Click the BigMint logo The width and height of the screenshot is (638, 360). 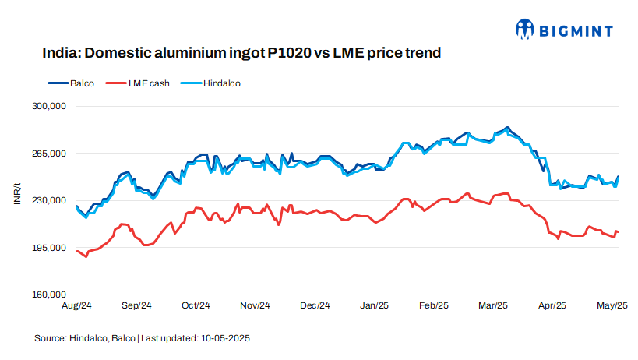pyautogui.click(x=565, y=30)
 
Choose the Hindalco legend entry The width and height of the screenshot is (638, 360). pyautogui.click(x=212, y=83)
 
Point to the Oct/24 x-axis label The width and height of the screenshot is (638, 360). pyautogui.click(x=196, y=306)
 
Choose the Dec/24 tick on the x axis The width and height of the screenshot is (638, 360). pyautogui.click(x=315, y=306)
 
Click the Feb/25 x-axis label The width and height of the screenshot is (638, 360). pyautogui.click(x=435, y=306)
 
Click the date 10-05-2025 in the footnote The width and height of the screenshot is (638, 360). pyautogui.click(x=226, y=339)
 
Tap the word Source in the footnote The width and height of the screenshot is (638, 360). pyautogui.click(x=50, y=339)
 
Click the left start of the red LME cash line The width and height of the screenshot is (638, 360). pyautogui.click(x=76, y=251)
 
